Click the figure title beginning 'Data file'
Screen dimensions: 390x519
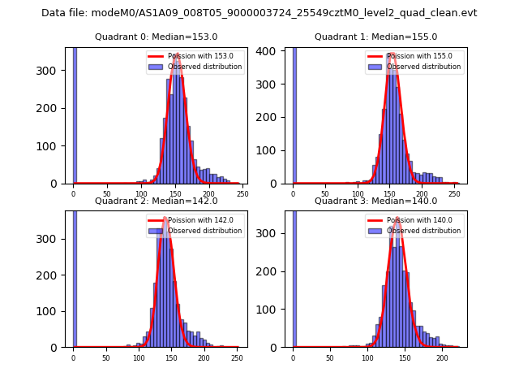point(259,13)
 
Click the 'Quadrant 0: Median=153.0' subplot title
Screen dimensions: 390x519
point(157,37)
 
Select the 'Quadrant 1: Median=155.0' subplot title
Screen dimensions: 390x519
point(375,37)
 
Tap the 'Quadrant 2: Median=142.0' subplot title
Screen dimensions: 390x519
point(157,201)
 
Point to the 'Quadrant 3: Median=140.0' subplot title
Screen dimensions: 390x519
point(375,201)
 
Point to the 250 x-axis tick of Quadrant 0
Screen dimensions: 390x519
point(242,193)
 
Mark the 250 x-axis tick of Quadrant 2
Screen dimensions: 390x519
point(237,357)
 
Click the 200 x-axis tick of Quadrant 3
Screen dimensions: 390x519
point(442,357)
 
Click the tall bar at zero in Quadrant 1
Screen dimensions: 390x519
point(294,114)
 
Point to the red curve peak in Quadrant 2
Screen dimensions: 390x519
point(165,218)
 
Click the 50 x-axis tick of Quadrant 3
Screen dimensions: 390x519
point(330,357)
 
